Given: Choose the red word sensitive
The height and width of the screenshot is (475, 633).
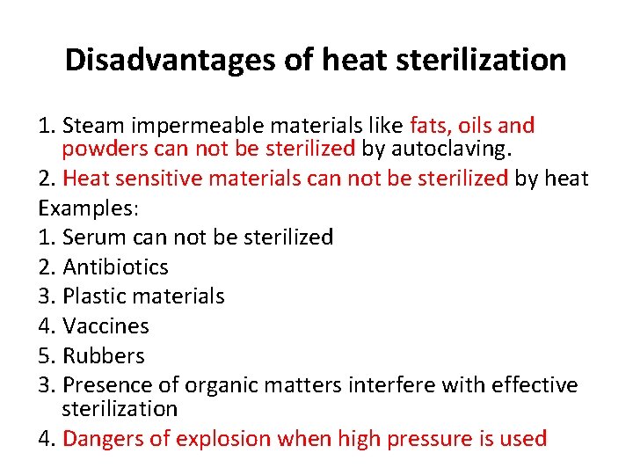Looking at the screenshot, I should [x=172, y=179].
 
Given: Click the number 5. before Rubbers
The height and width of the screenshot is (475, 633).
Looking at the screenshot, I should [x=47, y=356].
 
